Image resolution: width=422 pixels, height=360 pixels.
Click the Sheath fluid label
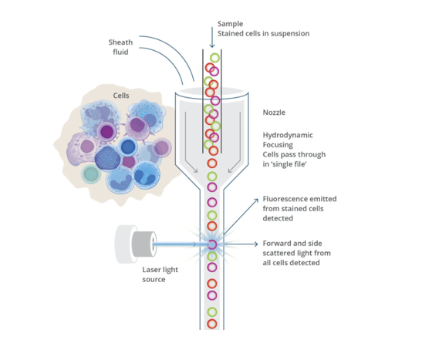(x=120, y=47)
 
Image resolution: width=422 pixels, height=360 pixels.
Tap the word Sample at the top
(x=231, y=24)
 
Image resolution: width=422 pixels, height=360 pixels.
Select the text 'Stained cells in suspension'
(x=264, y=34)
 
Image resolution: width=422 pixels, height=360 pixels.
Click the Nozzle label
(x=274, y=112)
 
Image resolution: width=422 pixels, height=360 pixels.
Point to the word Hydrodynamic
(x=288, y=135)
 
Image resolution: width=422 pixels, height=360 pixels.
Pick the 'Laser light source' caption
(x=160, y=274)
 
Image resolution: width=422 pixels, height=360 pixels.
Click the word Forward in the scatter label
(x=277, y=244)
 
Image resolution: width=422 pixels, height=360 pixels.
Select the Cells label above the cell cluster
(x=121, y=96)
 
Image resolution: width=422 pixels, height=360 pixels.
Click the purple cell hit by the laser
(x=212, y=244)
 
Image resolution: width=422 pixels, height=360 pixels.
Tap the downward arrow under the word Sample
(x=212, y=37)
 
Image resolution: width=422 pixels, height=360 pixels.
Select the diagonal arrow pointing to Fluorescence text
(x=241, y=217)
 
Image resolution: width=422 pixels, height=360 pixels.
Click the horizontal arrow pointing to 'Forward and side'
(x=241, y=244)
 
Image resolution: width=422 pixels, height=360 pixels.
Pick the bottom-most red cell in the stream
(x=212, y=324)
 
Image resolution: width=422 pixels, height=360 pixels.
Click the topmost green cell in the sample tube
(x=214, y=58)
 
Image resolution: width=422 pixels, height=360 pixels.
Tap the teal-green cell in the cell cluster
(x=91, y=174)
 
